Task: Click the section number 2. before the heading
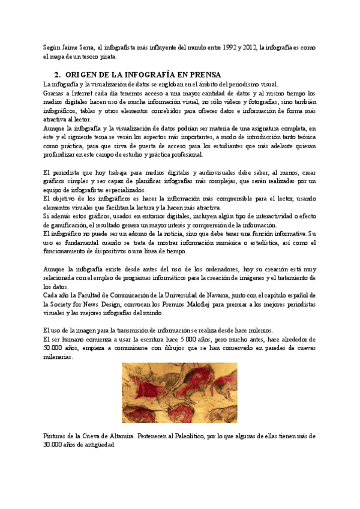[x=58, y=75]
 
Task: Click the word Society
[x=66, y=304]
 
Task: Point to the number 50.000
[x=57, y=348]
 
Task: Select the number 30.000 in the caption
[x=57, y=445]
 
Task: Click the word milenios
[x=259, y=330]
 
